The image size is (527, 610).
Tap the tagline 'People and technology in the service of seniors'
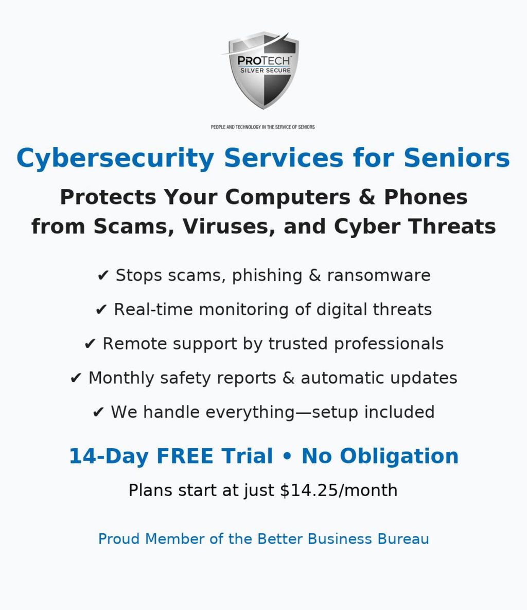pyautogui.click(x=262, y=127)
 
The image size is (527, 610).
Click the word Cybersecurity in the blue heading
pyautogui.click(x=115, y=159)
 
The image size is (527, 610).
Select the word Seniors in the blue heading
pyautogui.click(x=456, y=158)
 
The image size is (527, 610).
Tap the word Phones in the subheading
pyautogui.click(x=426, y=196)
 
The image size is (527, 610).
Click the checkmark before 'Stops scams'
pyautogui.click(x=103, y=276)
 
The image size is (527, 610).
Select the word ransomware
pyautogui.click(x=379, y=276)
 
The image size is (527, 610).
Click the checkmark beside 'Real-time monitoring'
pyautogui.click(x=101, y=310)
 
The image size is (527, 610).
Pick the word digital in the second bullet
pyautogui.click(x=342, y=310)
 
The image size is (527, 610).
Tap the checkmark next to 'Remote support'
pyautogui.click(x=90, y=344)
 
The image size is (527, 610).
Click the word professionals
pyautogui.click(x=389, y=344)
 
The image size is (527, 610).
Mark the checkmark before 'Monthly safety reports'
pyautogui.click(x=76, y=379)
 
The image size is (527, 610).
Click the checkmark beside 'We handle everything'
pyautogui.click(x=98, y=413)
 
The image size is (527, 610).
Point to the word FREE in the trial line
pyautogui.click(x=185, y=456)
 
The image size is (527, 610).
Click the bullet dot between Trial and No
pyautogui.click(x=287, y=456)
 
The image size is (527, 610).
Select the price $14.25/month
pyautogui.click(x=339, y=490)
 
